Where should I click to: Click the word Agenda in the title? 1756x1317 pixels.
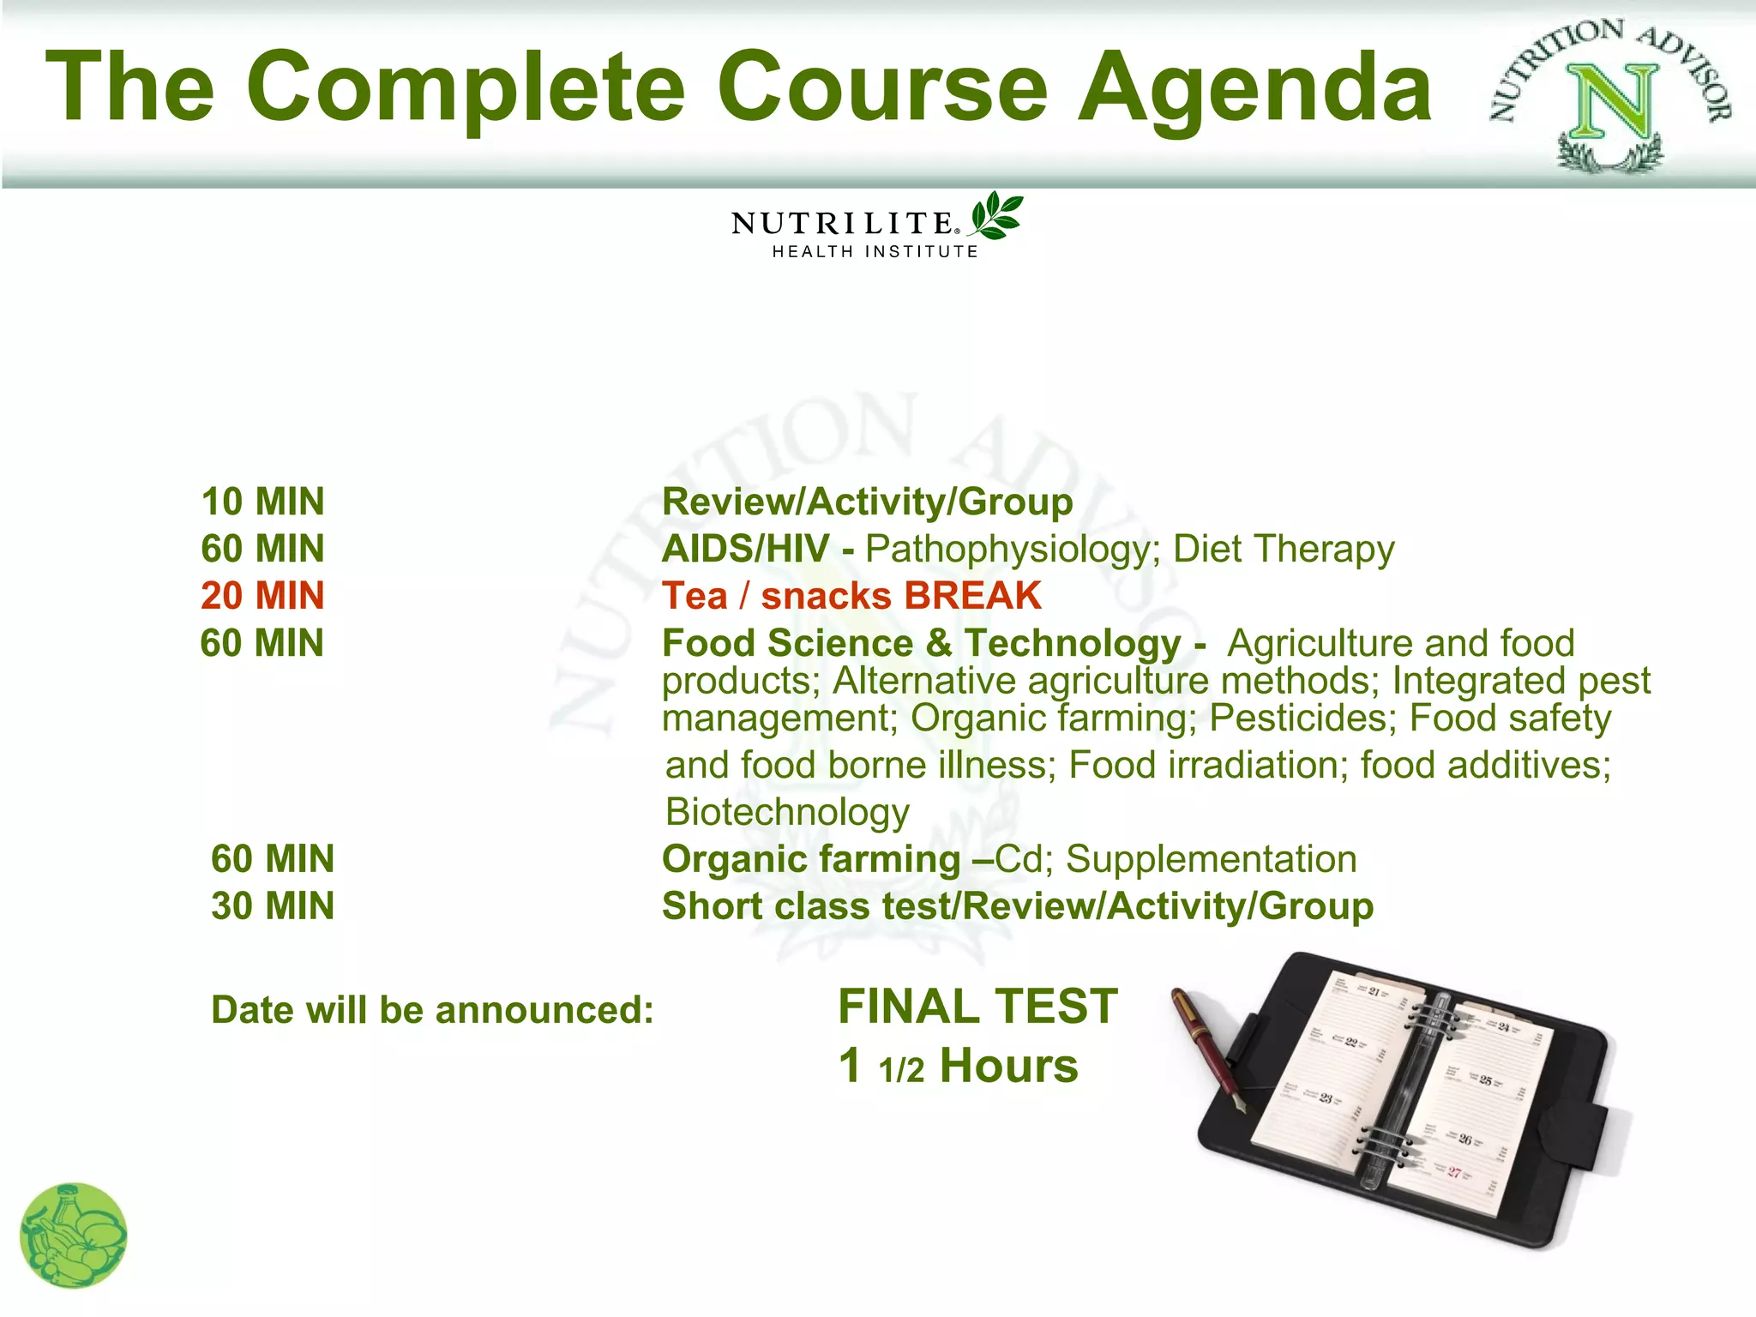click(x=1254, y=87)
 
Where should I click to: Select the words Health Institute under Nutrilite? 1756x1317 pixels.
click(x=875, y=252)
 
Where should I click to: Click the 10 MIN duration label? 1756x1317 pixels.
click(x=262, y=502)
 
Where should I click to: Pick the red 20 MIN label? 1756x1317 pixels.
click(x=262, y=596)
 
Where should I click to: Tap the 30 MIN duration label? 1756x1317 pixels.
click(x=273, y=906)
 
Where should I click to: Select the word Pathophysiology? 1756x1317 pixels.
click(x=1012, y=550)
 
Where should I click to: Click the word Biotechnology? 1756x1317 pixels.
click(x=787, y=812)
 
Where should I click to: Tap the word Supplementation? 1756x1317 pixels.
click(x=1211, y=859)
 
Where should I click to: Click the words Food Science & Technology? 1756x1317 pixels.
click(x=922, y=643)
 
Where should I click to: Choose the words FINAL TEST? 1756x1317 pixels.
click(x=977, y=1007)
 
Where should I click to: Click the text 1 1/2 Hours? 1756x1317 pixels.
click(x=958, y=1066)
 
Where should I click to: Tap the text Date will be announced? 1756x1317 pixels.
click(x=432, y=1010)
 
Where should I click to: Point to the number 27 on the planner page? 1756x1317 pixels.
click(x=1454, y=1172)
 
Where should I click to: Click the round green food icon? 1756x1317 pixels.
click(x=74, y=1235)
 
